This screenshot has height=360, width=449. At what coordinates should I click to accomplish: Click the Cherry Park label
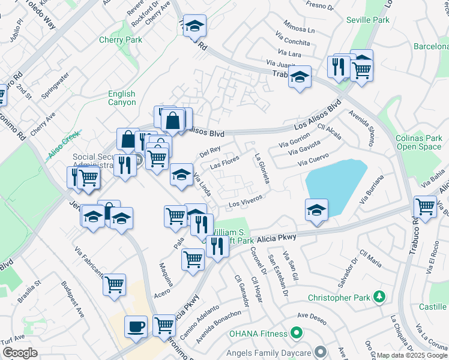pyautogui.click(x=121, y=41)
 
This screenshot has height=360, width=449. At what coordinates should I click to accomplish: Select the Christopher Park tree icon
pyautogui.click(x=379, y=297)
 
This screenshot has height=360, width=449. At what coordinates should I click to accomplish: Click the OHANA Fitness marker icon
pyautogui.click(x=295, y=332)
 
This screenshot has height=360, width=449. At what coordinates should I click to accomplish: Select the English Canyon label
pyautogui.click(x=122, y=98)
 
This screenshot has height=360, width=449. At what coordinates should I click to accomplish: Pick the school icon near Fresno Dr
pyautogui.click(x=194, y=26)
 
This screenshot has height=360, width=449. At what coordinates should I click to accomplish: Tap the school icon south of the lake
pyautogui.click(x=316, y=209)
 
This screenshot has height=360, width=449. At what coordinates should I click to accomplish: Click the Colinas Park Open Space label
pyautogui.click(x=419, y=142)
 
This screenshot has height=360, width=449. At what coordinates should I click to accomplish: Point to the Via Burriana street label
pyautogui.click(x=371, y=190)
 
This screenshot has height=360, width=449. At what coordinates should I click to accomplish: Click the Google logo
pyautogui.click(x=20, y=353)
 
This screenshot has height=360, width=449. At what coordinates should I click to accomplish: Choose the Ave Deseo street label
pyautogui.click(x=312, y=315)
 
